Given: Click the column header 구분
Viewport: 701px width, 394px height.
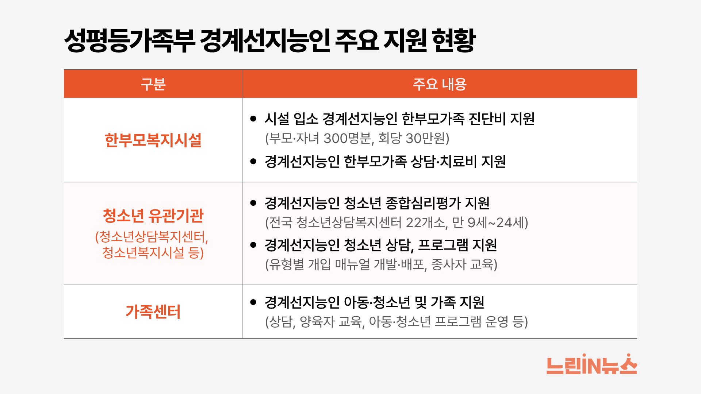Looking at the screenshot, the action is (153, 84).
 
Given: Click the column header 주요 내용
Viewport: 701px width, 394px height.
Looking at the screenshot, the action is (440, 84).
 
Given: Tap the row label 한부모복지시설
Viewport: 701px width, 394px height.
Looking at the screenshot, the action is (153, 140).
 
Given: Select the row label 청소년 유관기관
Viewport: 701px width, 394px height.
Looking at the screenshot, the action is (153, 216).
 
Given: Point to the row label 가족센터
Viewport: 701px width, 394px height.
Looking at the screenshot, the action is (153, 312).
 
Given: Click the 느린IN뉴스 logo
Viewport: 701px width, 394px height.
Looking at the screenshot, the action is (591, 364).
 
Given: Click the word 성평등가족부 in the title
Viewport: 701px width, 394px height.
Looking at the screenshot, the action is (130, 40).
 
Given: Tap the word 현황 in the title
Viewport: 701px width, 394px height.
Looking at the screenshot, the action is (454, 40).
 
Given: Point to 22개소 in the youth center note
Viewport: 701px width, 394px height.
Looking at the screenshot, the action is (425, 223).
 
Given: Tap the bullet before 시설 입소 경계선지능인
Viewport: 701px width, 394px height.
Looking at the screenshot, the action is (253, 119).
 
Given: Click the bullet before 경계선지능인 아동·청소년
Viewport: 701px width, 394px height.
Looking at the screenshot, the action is (253, 302).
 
